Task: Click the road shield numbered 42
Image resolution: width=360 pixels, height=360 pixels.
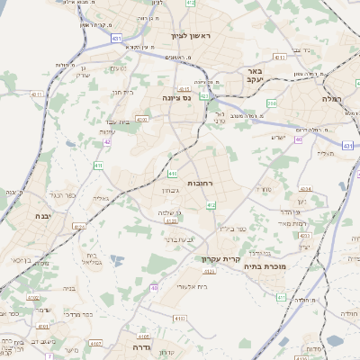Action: coord(107,141)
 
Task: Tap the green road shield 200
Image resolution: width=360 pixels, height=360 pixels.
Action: coord(272,103)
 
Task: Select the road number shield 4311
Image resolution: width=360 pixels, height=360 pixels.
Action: coord(36,94)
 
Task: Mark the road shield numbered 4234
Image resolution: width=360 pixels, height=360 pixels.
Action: coord(305,189)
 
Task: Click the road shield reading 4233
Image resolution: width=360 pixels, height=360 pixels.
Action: coord(305,235)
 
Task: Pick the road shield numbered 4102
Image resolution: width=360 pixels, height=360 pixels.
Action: coord(178,318)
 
